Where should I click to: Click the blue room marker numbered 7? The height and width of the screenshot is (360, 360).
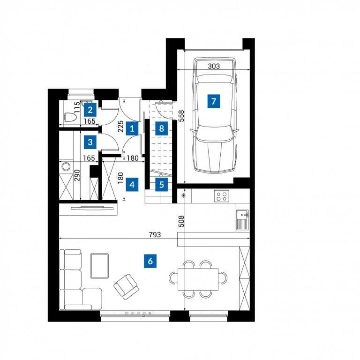click(214, 101)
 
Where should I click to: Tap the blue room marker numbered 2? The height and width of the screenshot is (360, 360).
click(90, 110)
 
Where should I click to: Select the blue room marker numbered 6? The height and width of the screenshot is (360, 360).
click(150, 261)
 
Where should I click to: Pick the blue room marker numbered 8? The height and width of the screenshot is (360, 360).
click(161, 128)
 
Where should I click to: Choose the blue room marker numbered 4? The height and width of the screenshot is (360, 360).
click(132, 184)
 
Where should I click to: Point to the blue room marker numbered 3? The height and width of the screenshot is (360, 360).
click(90, 142)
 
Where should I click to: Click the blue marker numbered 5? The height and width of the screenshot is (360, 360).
click(161, 184)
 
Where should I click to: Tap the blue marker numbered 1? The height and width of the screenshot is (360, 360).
click(132, 128)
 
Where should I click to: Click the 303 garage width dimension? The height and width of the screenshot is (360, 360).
click(214, 66)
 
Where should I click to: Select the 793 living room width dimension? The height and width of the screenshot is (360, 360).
click(155, 235)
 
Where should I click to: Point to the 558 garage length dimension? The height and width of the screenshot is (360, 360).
click(181, 116)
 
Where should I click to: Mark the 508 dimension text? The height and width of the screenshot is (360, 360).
click(181, 221)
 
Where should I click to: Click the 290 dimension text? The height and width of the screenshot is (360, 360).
click(77, 175)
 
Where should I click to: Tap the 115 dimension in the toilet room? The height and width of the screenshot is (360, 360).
click(77, 107)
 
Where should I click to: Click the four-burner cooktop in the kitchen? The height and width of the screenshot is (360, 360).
click(222, 196)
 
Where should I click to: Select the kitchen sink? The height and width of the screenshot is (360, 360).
click(242, 220)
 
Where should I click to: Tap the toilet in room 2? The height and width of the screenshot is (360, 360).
click(70, 117)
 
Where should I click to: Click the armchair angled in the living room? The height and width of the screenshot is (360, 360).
click(126, 287)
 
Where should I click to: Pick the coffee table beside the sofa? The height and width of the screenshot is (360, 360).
click(99, 266)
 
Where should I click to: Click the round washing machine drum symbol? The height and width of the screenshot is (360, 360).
click(66, 166)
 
